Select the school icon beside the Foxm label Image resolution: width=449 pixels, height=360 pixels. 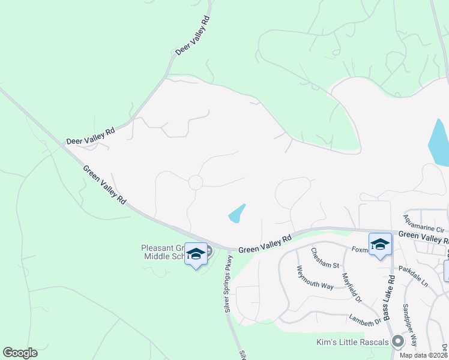[379, 245]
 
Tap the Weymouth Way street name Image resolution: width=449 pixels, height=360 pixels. [315, 277]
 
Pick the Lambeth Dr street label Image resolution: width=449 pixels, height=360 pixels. [365, 321]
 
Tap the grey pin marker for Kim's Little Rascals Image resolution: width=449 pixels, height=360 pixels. [397, 341]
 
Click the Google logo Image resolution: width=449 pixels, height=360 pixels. [20, 353]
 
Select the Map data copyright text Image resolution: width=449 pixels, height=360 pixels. [424, 355]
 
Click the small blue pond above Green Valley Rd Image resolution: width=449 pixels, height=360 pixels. [237, 214]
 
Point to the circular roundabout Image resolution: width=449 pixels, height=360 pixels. [196, 182]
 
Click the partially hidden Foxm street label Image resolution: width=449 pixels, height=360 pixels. [359, 249]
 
